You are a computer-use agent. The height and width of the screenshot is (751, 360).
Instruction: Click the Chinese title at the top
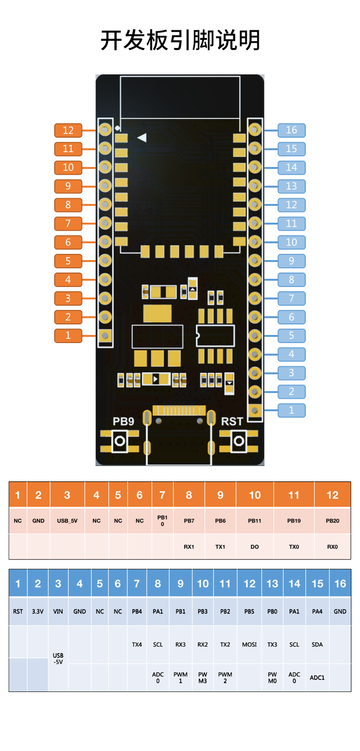(180, 40)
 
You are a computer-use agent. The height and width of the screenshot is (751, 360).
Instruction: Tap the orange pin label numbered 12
(68, 130)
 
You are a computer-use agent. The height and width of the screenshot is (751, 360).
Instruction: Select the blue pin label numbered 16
(291, 130)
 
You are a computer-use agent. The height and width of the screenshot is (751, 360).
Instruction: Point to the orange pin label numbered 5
(68, 261)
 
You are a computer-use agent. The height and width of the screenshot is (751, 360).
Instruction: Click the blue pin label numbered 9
(291, 261)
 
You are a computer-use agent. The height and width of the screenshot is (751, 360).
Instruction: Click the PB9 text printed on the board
(123, 422)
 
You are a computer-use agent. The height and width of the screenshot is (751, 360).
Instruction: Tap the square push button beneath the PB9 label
(120, 441)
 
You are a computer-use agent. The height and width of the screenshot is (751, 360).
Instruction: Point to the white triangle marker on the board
(142, 138)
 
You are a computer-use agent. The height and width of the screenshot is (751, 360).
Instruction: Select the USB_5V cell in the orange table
(67, 521)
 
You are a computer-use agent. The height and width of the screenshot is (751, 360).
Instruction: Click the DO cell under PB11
(255, 547)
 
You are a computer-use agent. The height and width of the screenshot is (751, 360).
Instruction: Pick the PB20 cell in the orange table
(333, 521)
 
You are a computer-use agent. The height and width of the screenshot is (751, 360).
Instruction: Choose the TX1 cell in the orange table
(220, 547)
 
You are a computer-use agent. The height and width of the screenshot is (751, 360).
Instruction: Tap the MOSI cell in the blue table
(250, 644)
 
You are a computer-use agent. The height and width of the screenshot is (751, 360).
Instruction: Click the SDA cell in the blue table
(317, 644)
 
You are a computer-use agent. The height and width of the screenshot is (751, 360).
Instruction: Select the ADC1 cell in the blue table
(317, 678)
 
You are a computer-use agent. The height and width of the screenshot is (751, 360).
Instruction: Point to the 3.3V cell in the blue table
(38, 611)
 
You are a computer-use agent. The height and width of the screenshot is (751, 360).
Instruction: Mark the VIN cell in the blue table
(58, 611)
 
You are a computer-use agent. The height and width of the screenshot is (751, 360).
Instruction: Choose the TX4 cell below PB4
(137, 644)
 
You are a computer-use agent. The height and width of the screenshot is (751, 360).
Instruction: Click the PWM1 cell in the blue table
(180, 678)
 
